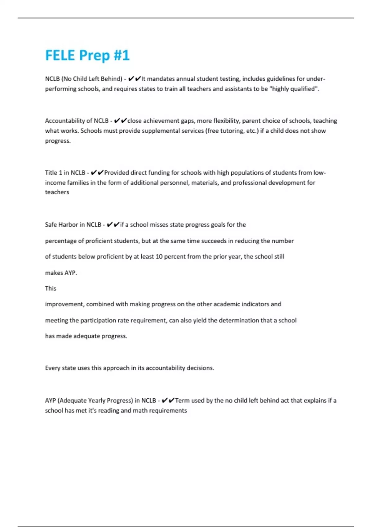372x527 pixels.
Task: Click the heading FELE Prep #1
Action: (87, 55)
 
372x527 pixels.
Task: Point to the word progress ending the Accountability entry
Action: (58, 141)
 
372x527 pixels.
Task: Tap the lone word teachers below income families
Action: (57, 192)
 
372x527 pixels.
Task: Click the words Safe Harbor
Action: (61, 225)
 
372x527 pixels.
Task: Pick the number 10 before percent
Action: (159, 257)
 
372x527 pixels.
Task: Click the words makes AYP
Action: (61, 273)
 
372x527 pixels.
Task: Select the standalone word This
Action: (51, 289)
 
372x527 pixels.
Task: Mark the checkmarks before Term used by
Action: (168, 401)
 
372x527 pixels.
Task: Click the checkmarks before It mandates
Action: (135, 79)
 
